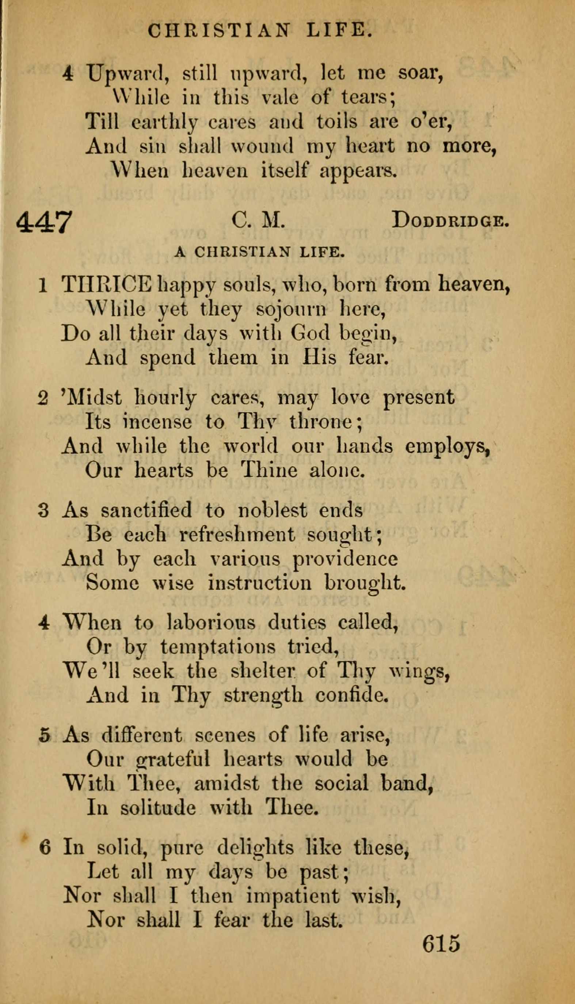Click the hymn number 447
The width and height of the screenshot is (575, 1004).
pyautogui.click(x=45, y=222)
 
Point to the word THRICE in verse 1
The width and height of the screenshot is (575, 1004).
pyautogui.click(x=107, y=284)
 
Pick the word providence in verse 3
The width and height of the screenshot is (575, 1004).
pyautogui.click(x=345, y=559)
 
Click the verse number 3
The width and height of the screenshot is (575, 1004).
pyautogui.click(x=44, y=511)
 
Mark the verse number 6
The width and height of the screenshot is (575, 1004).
pyautogui.click(x=45, y=848)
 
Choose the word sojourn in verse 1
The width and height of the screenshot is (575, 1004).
pyautogui.click(x=292, y=310)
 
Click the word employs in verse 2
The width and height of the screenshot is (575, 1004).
pyautogui.click(x=448, y=446)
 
